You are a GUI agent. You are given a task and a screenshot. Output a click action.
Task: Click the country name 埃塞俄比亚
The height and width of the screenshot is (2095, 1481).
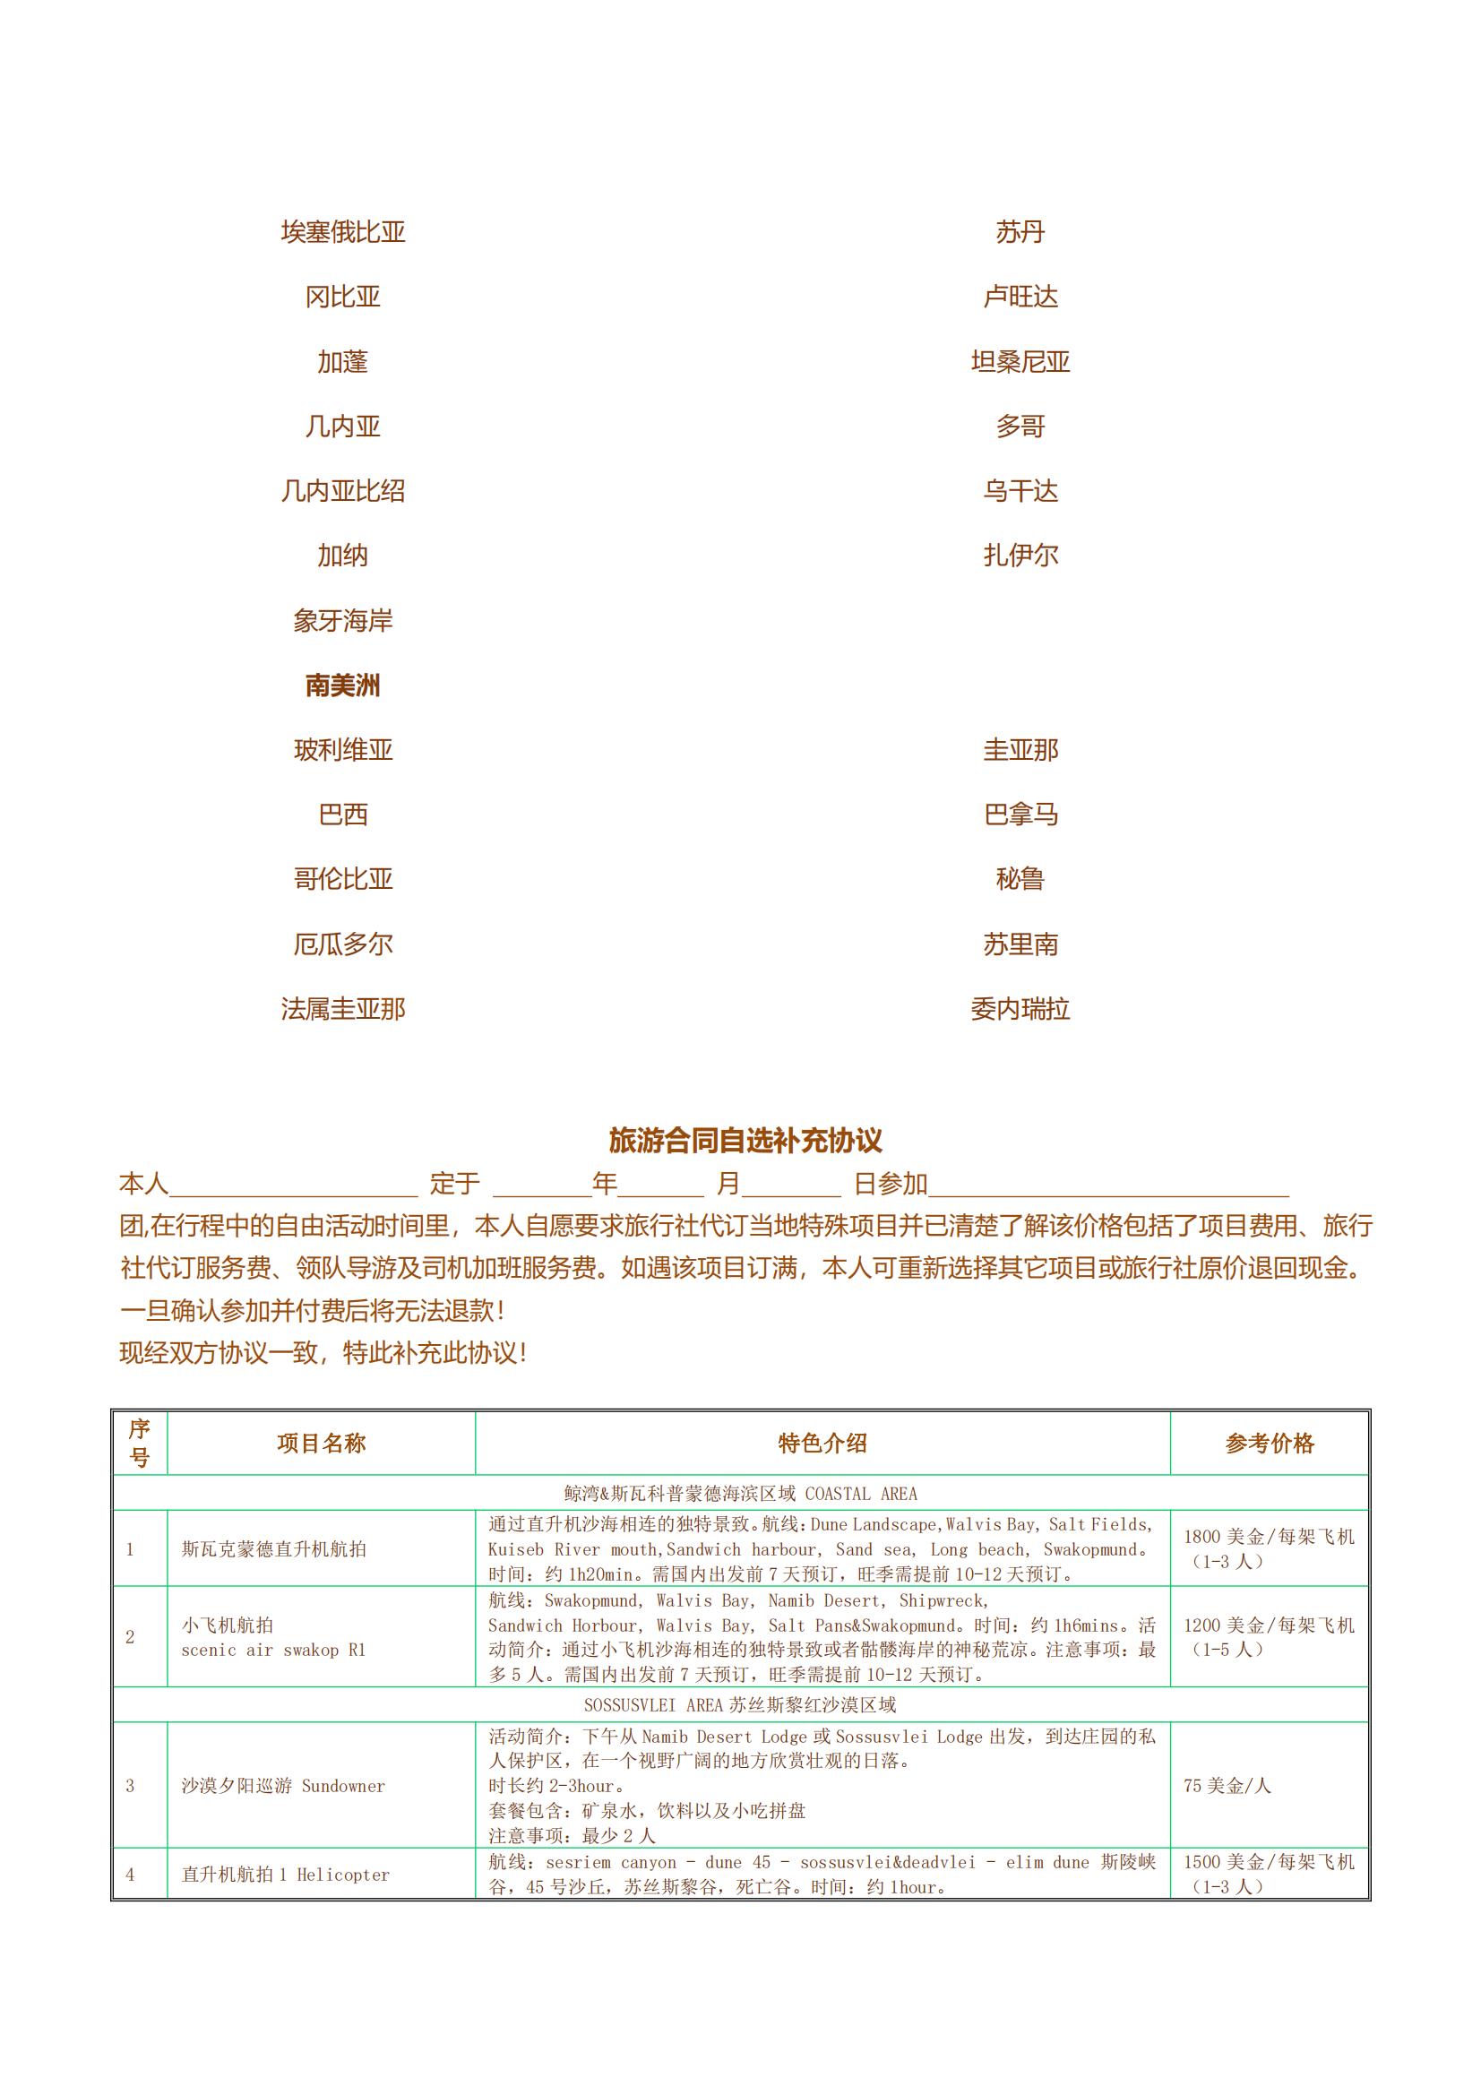(342, 233)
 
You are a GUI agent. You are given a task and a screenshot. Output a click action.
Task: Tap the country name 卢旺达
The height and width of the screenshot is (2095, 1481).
(1020, 297)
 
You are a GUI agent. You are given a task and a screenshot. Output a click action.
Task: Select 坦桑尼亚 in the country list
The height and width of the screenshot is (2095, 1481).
(1020, 362)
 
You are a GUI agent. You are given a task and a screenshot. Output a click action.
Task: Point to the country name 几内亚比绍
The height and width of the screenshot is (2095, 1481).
(342, 492)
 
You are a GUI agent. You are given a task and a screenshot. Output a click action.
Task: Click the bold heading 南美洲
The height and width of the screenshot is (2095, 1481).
(342, 686)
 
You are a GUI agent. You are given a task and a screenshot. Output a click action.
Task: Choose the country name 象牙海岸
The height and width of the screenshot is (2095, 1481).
(342, 621)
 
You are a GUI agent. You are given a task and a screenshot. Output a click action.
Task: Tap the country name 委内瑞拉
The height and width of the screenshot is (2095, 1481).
(1020, 1010)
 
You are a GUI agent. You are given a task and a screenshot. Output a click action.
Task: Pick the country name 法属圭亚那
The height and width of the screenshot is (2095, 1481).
(342, 1010)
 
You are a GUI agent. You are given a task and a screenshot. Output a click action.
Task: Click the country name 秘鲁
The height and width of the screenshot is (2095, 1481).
(1020, 880)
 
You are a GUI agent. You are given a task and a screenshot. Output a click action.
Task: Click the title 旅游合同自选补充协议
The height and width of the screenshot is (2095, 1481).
(745, 1141)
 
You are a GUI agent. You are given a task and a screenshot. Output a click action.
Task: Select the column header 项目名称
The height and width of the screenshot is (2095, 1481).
(322, 1444)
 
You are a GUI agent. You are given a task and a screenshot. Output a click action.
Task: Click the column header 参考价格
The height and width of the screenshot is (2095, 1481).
(1270, 1444)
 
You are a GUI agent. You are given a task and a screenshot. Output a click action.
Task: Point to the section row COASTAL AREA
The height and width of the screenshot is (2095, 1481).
(740, 1494)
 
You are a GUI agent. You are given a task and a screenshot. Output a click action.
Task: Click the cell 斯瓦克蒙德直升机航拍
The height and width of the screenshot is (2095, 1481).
(274, 1548)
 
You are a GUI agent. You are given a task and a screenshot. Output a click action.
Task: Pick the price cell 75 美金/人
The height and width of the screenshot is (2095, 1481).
(1227, 1786)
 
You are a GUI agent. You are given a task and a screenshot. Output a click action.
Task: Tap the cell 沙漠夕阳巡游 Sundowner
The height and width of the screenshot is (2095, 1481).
(283, 1786)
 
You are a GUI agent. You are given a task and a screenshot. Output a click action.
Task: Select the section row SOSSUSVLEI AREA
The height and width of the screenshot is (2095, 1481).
(740, 1704)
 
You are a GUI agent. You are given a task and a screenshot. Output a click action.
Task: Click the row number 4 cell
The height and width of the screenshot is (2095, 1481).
(130, 1875)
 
